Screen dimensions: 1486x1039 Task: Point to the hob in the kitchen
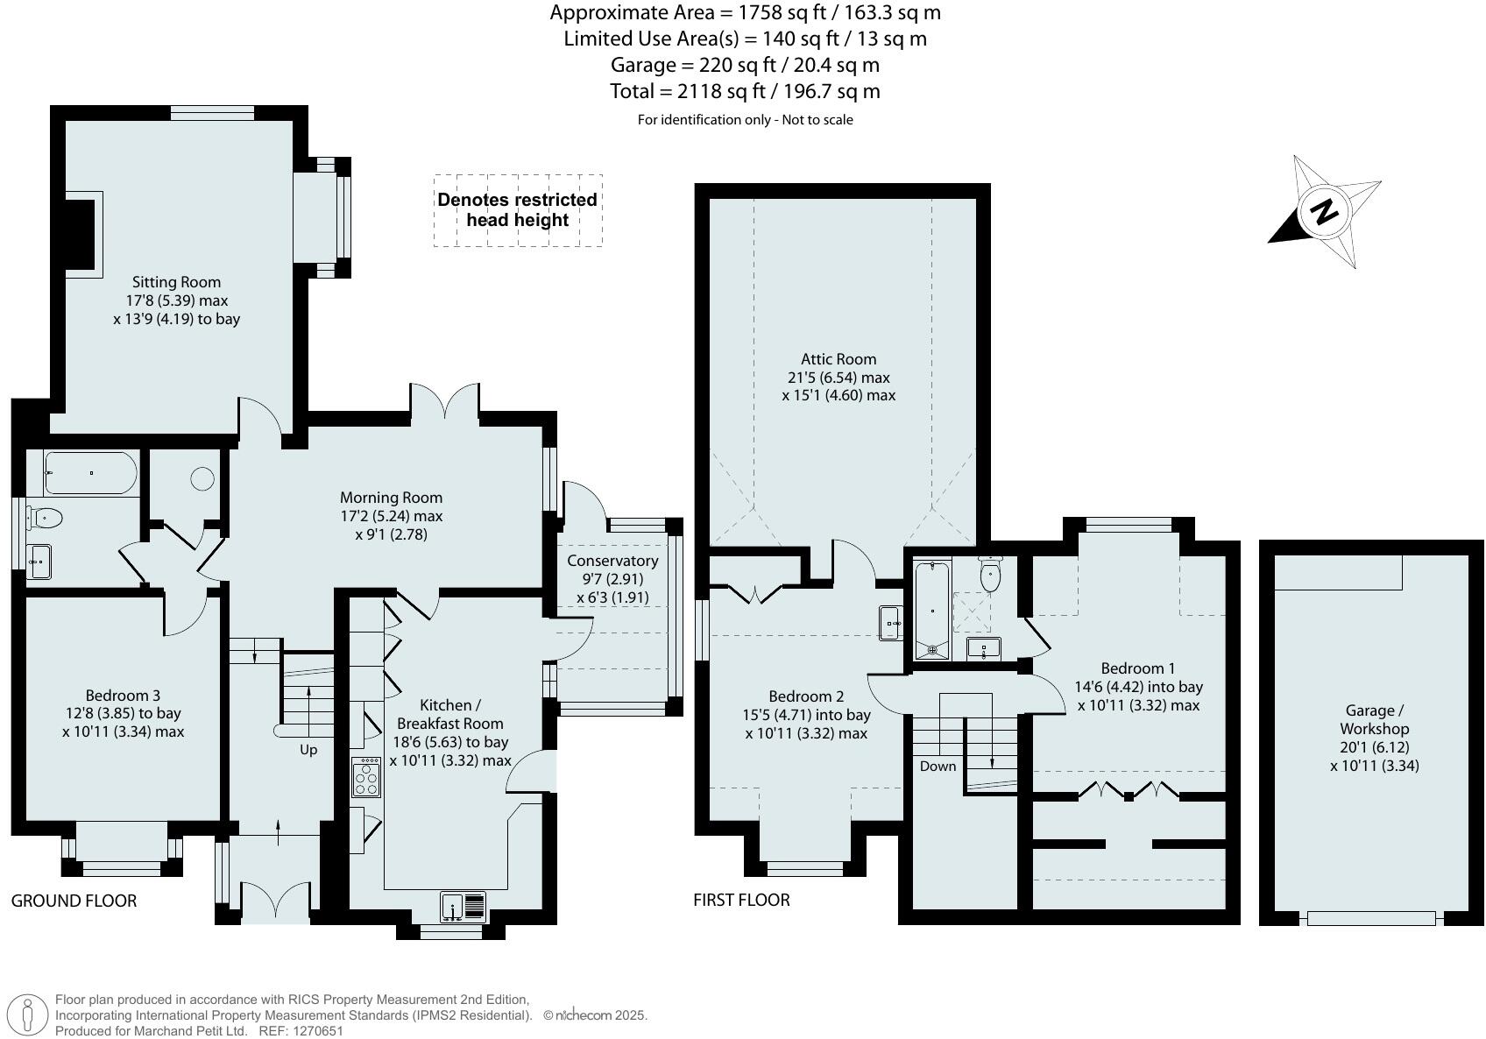click(x=366, y=777)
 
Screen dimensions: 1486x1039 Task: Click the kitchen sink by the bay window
click(x=463, y=907)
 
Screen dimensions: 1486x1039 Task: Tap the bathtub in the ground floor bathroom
click(x=91, y=473)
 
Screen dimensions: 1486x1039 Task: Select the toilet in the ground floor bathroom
click(x=44, y=517)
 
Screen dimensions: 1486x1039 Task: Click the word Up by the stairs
click(x=308, y=750)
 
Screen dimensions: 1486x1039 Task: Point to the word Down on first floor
click(x=938, y=767)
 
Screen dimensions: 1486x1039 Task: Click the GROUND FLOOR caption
click(x=74, y=901)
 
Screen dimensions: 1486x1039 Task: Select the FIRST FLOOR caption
click(x=741, y=900)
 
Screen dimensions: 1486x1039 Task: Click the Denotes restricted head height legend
click(x=518, y=209)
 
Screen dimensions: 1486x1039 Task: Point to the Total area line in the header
click(x=745, y=91)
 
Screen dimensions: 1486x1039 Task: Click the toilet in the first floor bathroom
click(x=990, y=574)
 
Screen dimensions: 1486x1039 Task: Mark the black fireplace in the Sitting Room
click(x=80, y=235)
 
